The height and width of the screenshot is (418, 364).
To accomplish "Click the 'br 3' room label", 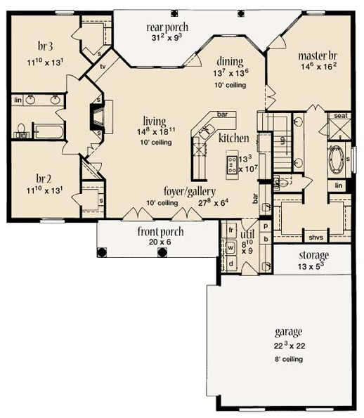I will click(46, 46).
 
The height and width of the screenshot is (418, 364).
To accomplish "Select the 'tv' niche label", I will click(103, 67).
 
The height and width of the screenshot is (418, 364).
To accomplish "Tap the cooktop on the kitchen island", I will click(231, 165).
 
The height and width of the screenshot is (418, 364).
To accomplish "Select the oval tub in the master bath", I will click(337, 157).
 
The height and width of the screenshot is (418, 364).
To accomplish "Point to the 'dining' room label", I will click(230, 62).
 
